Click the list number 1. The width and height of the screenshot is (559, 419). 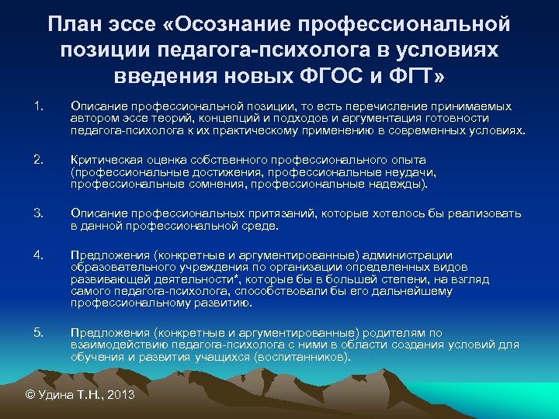tap(38, 105)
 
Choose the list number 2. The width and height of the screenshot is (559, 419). tap(38, 158)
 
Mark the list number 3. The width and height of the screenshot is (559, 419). tap(38, 212)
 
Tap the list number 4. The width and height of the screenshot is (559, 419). tap(38, 255)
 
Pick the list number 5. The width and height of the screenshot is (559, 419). tap(38, 332)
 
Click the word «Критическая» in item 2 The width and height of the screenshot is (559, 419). tap(102, 158)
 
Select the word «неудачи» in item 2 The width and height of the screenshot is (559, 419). tap(415, 171)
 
